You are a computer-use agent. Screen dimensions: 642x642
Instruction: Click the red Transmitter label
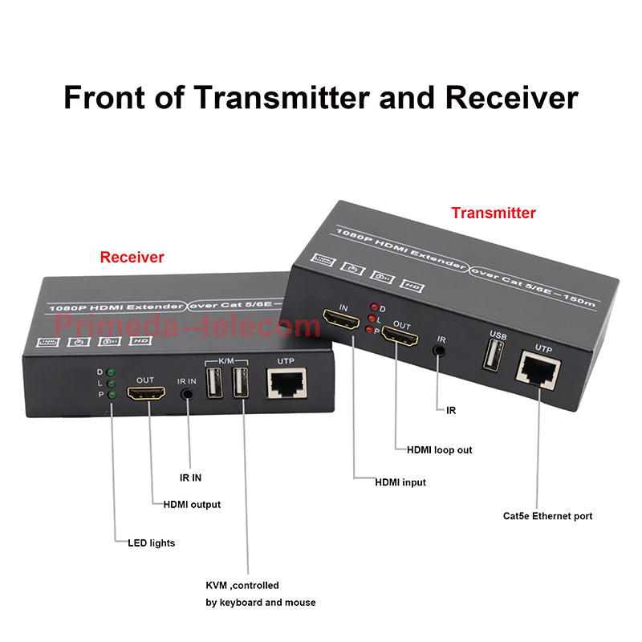tap(493, 213)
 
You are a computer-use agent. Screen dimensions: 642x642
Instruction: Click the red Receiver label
tap(132, 257)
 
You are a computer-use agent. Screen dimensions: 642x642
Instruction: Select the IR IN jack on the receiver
tap(189, 394)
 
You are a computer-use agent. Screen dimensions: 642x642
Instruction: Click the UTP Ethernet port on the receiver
tap(285, 386)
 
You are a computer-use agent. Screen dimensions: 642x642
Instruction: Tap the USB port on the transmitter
tap(494, 355)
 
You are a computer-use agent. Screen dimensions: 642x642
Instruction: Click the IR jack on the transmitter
tap(440, 350)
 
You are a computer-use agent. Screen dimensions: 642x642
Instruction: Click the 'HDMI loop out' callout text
tap(439, 449)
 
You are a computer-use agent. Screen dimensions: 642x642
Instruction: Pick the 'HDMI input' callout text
tap(400, 482)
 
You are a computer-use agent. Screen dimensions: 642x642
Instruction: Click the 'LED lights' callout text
tap(151, 543)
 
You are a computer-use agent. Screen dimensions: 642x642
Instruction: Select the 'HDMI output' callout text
tap(192, 505)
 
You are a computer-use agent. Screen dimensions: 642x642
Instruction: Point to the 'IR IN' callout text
tap(189, 477)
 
